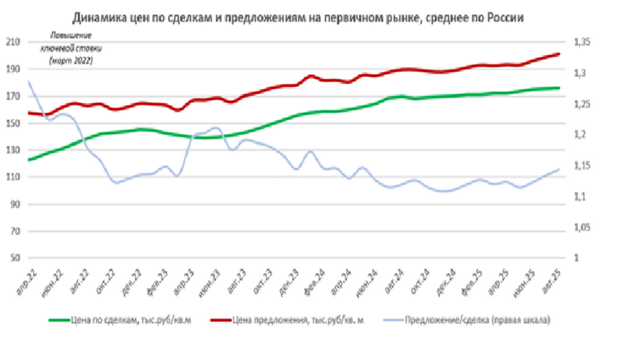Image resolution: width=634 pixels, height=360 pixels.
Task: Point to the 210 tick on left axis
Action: tap(13, 43)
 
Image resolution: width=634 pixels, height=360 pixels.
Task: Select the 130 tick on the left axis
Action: tap(13, 151)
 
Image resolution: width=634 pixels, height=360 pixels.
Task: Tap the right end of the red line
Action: tap(559, 54)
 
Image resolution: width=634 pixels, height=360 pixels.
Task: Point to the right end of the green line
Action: tap(559, 88)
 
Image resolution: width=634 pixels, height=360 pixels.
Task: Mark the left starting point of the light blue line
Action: tap(28, 81)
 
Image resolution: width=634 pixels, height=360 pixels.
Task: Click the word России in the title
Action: tap(506, 18)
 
